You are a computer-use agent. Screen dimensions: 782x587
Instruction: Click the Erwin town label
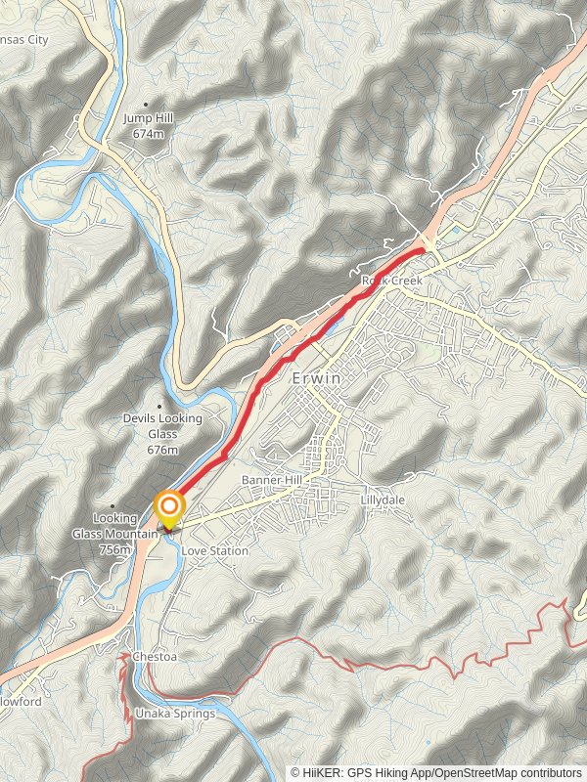coord(316,377)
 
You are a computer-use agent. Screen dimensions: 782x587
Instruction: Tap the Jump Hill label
coord(149,118)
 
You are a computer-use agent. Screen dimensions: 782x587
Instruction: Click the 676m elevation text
coord(163,450)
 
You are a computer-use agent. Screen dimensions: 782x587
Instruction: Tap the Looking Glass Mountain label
coord(114,526)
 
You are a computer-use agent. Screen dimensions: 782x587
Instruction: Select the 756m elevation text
coord(114,549)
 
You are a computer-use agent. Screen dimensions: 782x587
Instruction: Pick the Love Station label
coord(215,551)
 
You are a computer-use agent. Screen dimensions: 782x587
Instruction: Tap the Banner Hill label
coord(272,481)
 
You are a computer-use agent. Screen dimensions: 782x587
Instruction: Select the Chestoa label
coord(155,657)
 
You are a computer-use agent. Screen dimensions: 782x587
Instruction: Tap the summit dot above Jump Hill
coord(147,105)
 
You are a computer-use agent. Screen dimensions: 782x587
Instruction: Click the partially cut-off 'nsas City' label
coord(24,40)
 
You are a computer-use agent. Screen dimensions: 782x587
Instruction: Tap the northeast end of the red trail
coord(423,250)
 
